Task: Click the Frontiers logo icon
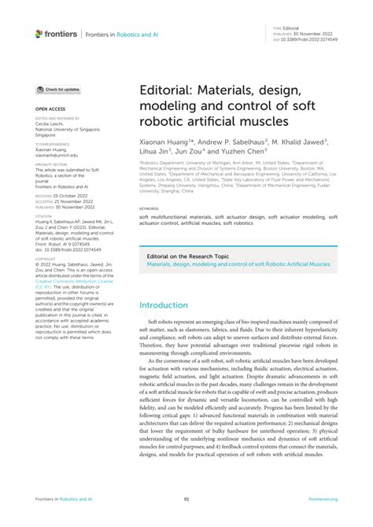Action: click(x=39, y=34)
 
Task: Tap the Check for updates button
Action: click(x=57, y=90)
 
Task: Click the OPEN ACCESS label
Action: click(x=49, y=108)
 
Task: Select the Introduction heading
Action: click(x=170, y=283)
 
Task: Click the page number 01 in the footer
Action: click(x=186, y=499)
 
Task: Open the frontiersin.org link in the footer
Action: click(x=323, y=499)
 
